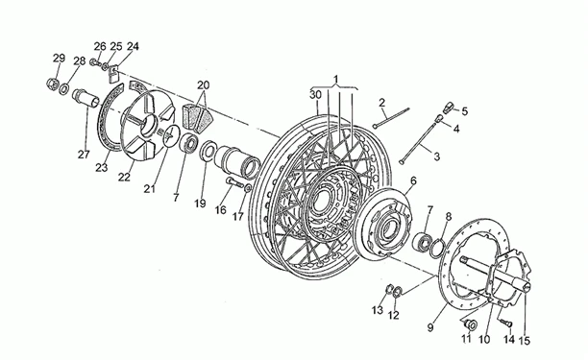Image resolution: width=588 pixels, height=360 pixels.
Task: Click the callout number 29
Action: tap(59, 58)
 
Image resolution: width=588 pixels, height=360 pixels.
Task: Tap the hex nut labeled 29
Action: tap(53, 84)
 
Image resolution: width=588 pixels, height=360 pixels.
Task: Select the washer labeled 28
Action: tap(64, 88)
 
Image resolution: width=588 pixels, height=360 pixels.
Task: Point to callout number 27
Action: tap(84, 154)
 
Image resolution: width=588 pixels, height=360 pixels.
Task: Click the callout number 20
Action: tap(204, 85)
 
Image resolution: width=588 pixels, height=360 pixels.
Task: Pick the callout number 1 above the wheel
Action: tap(336, 80)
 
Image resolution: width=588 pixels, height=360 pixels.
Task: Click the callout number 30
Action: tap(315, 95)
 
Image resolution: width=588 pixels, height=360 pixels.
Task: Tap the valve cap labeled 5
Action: tap(449, 108)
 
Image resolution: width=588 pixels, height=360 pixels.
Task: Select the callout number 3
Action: tap(436, 156)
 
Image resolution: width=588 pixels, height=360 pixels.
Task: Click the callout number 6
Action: tap(413, 180)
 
